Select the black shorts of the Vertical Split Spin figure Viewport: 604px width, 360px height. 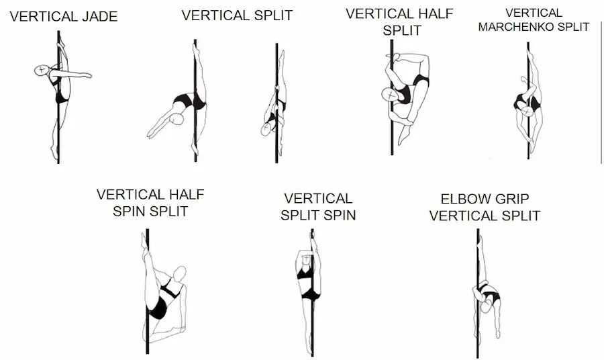tap(310, 294)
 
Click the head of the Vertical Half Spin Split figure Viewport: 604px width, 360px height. tap(179, 273)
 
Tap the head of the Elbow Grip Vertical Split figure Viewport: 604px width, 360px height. tap(486, 307)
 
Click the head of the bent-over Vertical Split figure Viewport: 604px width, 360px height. tap(177, 119)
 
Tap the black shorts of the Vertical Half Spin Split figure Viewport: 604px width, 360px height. tap(159, 310)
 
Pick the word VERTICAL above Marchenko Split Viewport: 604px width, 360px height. tap(534, 13)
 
